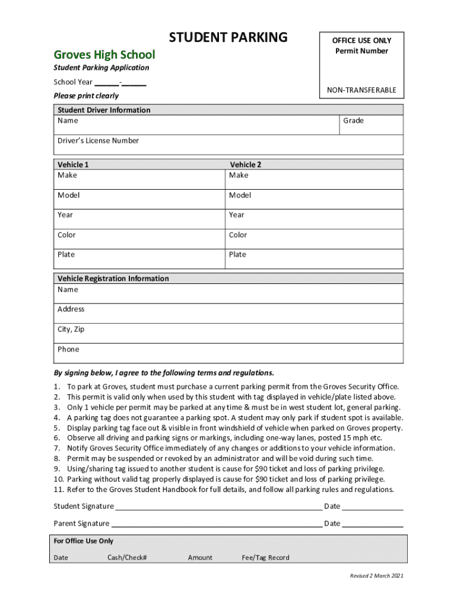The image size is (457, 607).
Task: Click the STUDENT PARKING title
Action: pyautogui.click(x=228, y=38)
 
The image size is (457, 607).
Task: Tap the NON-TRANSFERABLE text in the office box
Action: pyautogui.click(x=361, y=90)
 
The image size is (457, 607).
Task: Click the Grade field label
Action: pyautogui.click(x=353, y=121)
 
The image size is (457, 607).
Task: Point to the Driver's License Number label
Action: pyautogui.click(x=98, y=141)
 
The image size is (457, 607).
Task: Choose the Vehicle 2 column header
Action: pyautogui.click(x=246, y=165)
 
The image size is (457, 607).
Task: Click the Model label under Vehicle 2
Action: pyautogui.click(x=240, y=196)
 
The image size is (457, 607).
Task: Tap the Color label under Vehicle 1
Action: pyautogui.click(x=66, y=235)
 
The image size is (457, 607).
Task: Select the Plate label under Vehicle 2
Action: pyautogui.click(x=237, y=255)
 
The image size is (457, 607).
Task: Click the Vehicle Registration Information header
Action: pyautogui.click(x=113, y=279)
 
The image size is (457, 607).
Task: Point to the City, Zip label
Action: pyautogui.click(x=71, y=330)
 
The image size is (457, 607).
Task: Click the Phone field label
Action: pyautogui.click(x=68, y=350)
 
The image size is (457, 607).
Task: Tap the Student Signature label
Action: pyautogui.click(x=84, y=506)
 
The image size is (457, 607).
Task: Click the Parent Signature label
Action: pyautogui.click(x=81, y=523)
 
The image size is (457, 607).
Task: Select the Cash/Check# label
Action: pyautogui.click(x=127, y=558)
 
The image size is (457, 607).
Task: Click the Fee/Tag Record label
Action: pyautogui.click(x=265, y=558)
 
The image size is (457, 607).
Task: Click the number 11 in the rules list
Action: pyautogui.click(x=58, y=490)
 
